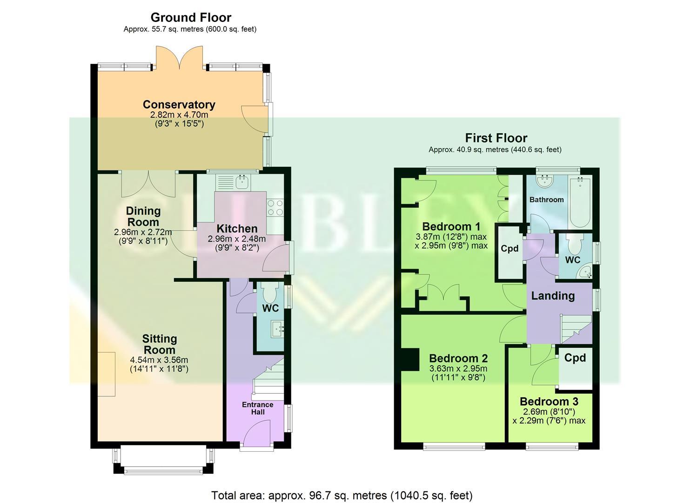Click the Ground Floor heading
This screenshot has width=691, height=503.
tap(191, 18)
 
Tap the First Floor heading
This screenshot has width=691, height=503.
tap(496, 138)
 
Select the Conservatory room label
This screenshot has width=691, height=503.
tap(179, 105)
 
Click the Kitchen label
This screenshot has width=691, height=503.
tap(237, 229)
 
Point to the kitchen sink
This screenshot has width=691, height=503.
tap(242, 182)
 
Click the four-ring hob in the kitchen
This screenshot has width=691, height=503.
tap(275, 208)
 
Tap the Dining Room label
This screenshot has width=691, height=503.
tap(143, 217)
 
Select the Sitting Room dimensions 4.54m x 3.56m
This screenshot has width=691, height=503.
tap(159, 360)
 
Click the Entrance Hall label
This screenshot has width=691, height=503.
tap(257, 408)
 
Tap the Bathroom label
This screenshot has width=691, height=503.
tap(546, 200)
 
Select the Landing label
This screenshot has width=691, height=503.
tap(553, 296)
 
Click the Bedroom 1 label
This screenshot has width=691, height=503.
tap(451, 227)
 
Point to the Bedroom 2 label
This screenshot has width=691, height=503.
tap(458, 359)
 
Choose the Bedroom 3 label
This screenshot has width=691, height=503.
tap(549, 401)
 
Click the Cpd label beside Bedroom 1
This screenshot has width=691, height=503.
tap(510, 249)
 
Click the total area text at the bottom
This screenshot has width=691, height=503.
tap(342, 495)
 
